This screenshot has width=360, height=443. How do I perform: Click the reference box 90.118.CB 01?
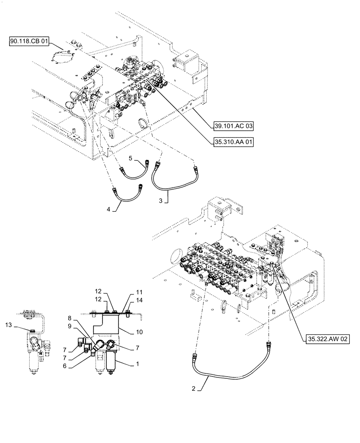[29, 42]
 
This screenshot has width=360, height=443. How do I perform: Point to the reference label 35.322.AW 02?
[326, 339]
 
